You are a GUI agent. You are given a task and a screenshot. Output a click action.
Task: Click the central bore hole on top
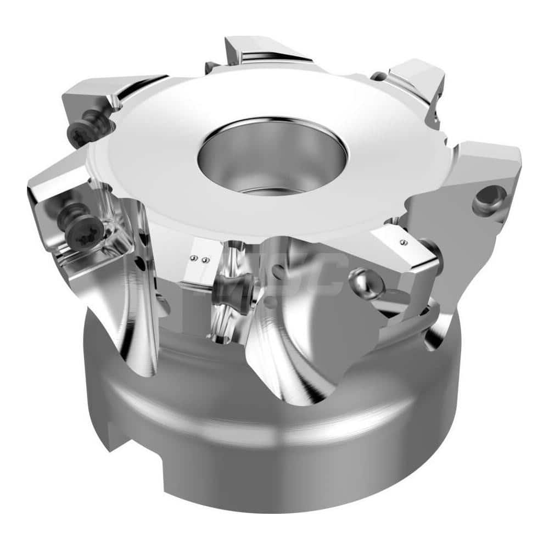click(272, 156)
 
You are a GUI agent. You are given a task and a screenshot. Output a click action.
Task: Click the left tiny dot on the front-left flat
click(193, 258)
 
